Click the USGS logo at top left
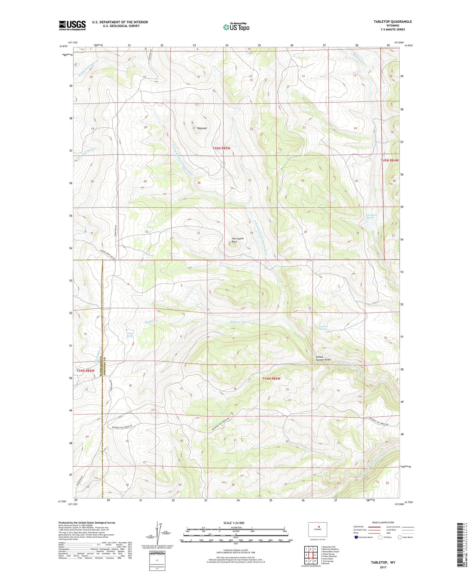(72, 25)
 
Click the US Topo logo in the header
(236, 27)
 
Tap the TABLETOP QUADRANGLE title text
(392, 22)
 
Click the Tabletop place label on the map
(202, 128)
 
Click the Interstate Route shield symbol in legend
(356, 537)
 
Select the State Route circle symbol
(400, 537)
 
